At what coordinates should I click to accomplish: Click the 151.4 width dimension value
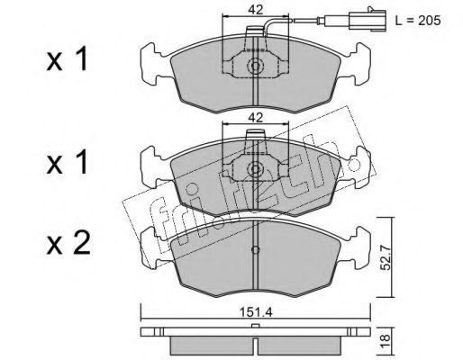point(256,312)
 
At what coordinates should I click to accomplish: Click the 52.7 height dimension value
point(386,257)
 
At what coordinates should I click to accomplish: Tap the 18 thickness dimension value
point(386,341)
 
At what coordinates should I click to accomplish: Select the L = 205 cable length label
point(418,21)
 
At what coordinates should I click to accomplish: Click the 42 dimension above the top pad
point(255,10)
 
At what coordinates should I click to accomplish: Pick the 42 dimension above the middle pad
point(255,117)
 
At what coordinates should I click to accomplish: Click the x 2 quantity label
point(68,244)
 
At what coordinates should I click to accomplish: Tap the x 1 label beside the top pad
point(67,58)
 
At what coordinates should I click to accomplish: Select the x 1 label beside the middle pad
point(67,162)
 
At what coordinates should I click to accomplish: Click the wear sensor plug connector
point(368,20)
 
